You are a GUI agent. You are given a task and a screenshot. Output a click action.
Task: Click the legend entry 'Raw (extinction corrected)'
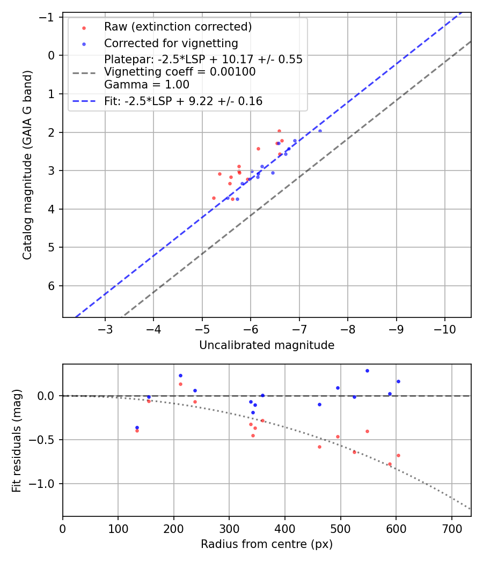point(178,27)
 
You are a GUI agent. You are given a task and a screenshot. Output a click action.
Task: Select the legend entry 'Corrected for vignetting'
point(171,43)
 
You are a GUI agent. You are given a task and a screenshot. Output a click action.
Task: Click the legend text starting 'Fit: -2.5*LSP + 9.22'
point(183,101)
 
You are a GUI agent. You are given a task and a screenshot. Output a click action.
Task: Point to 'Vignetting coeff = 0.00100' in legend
point(180,72)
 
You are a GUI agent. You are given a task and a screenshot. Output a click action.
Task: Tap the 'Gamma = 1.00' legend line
point(147,85)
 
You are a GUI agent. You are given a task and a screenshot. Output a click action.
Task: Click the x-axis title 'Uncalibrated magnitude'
point(267,345)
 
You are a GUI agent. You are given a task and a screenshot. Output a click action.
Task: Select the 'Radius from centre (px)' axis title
point(267,544)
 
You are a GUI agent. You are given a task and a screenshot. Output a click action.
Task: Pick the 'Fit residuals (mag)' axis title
point(16,440)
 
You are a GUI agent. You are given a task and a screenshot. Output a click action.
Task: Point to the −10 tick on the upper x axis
point(444,328)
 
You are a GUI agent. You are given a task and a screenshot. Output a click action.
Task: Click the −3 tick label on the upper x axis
point(105,328)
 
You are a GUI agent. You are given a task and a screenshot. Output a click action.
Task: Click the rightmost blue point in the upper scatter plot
point(320,131)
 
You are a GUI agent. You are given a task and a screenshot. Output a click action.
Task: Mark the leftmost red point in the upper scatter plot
point(214,198)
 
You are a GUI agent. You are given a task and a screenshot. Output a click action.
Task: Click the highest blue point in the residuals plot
point(367,371)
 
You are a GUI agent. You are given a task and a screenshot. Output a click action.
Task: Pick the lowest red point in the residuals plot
point(390,464)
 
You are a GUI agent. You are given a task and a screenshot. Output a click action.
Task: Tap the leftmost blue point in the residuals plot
point(137,427)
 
